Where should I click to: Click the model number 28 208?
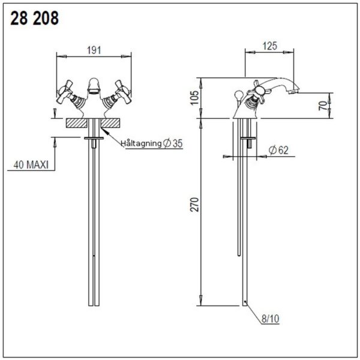click(34, 19)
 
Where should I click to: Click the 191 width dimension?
click(94, 50)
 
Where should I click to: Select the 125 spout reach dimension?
click(270, 46)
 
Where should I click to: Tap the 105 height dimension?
click(195, 98)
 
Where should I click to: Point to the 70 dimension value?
click(323, 106)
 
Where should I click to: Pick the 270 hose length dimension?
click(195, 205)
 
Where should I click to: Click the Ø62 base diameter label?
click(278, 150)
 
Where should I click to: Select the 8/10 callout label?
click(271, 319)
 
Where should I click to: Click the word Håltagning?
click(142, 143)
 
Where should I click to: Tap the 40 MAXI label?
click(31, 164)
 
